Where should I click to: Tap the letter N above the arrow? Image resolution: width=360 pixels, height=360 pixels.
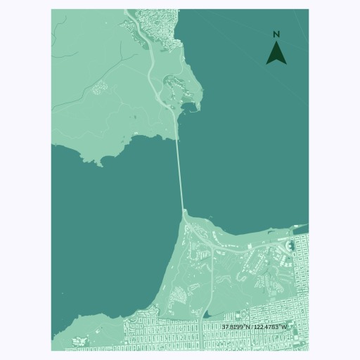coord(276,34)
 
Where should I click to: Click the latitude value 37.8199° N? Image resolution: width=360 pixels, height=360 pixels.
coord(236,327)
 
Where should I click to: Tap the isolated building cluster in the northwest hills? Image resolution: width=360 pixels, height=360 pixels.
coord(98,87)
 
